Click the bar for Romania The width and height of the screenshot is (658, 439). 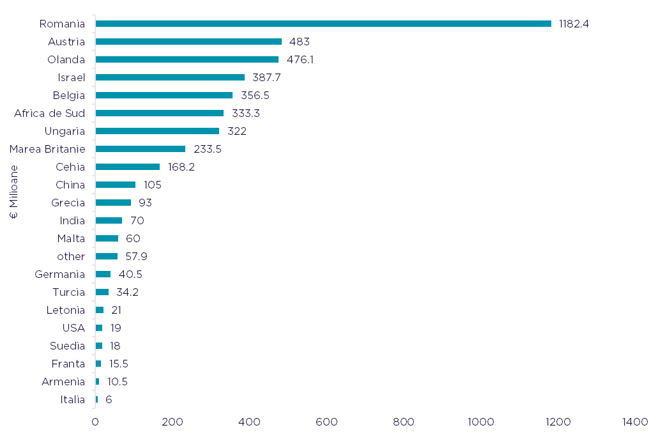[x=323, y=24]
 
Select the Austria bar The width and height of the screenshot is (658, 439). [x=188, y=42]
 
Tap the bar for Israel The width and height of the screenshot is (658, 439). [x=170, y=77]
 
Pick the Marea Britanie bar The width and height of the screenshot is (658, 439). [x=141, y=149]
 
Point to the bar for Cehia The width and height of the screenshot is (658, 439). [x=128, y=167]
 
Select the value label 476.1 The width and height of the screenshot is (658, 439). [x=300, y=59]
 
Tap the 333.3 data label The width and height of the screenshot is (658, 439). [x=246, y=113]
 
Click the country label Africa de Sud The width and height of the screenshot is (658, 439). [x=49, y=113]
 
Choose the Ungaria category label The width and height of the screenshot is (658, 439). [x=65, y=131]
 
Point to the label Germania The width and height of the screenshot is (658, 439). [x=59, y=274]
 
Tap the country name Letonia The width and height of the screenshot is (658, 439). [x=65, y=310]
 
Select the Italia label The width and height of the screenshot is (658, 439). [x=72, y=399]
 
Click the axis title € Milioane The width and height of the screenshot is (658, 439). [x=14, y=192]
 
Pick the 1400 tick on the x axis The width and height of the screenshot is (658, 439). [x=635, y=422]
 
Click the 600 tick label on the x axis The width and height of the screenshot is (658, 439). [x=326, y=422]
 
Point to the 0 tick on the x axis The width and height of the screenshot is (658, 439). [x=95, y=422]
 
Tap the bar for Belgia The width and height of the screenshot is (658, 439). [x=164, y=95]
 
